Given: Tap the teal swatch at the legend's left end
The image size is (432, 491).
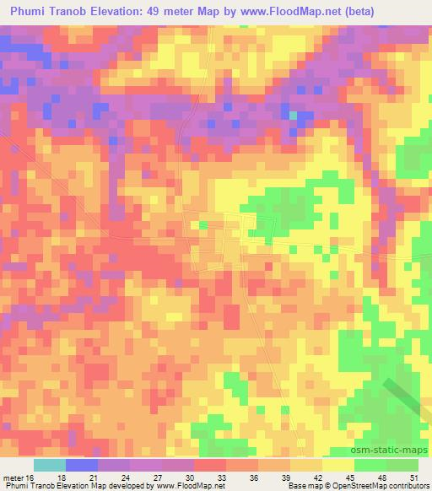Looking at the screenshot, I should [50, 465].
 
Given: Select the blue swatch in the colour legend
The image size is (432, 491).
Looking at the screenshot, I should [82, 465].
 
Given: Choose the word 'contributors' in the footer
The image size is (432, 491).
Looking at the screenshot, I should [409, 487].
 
